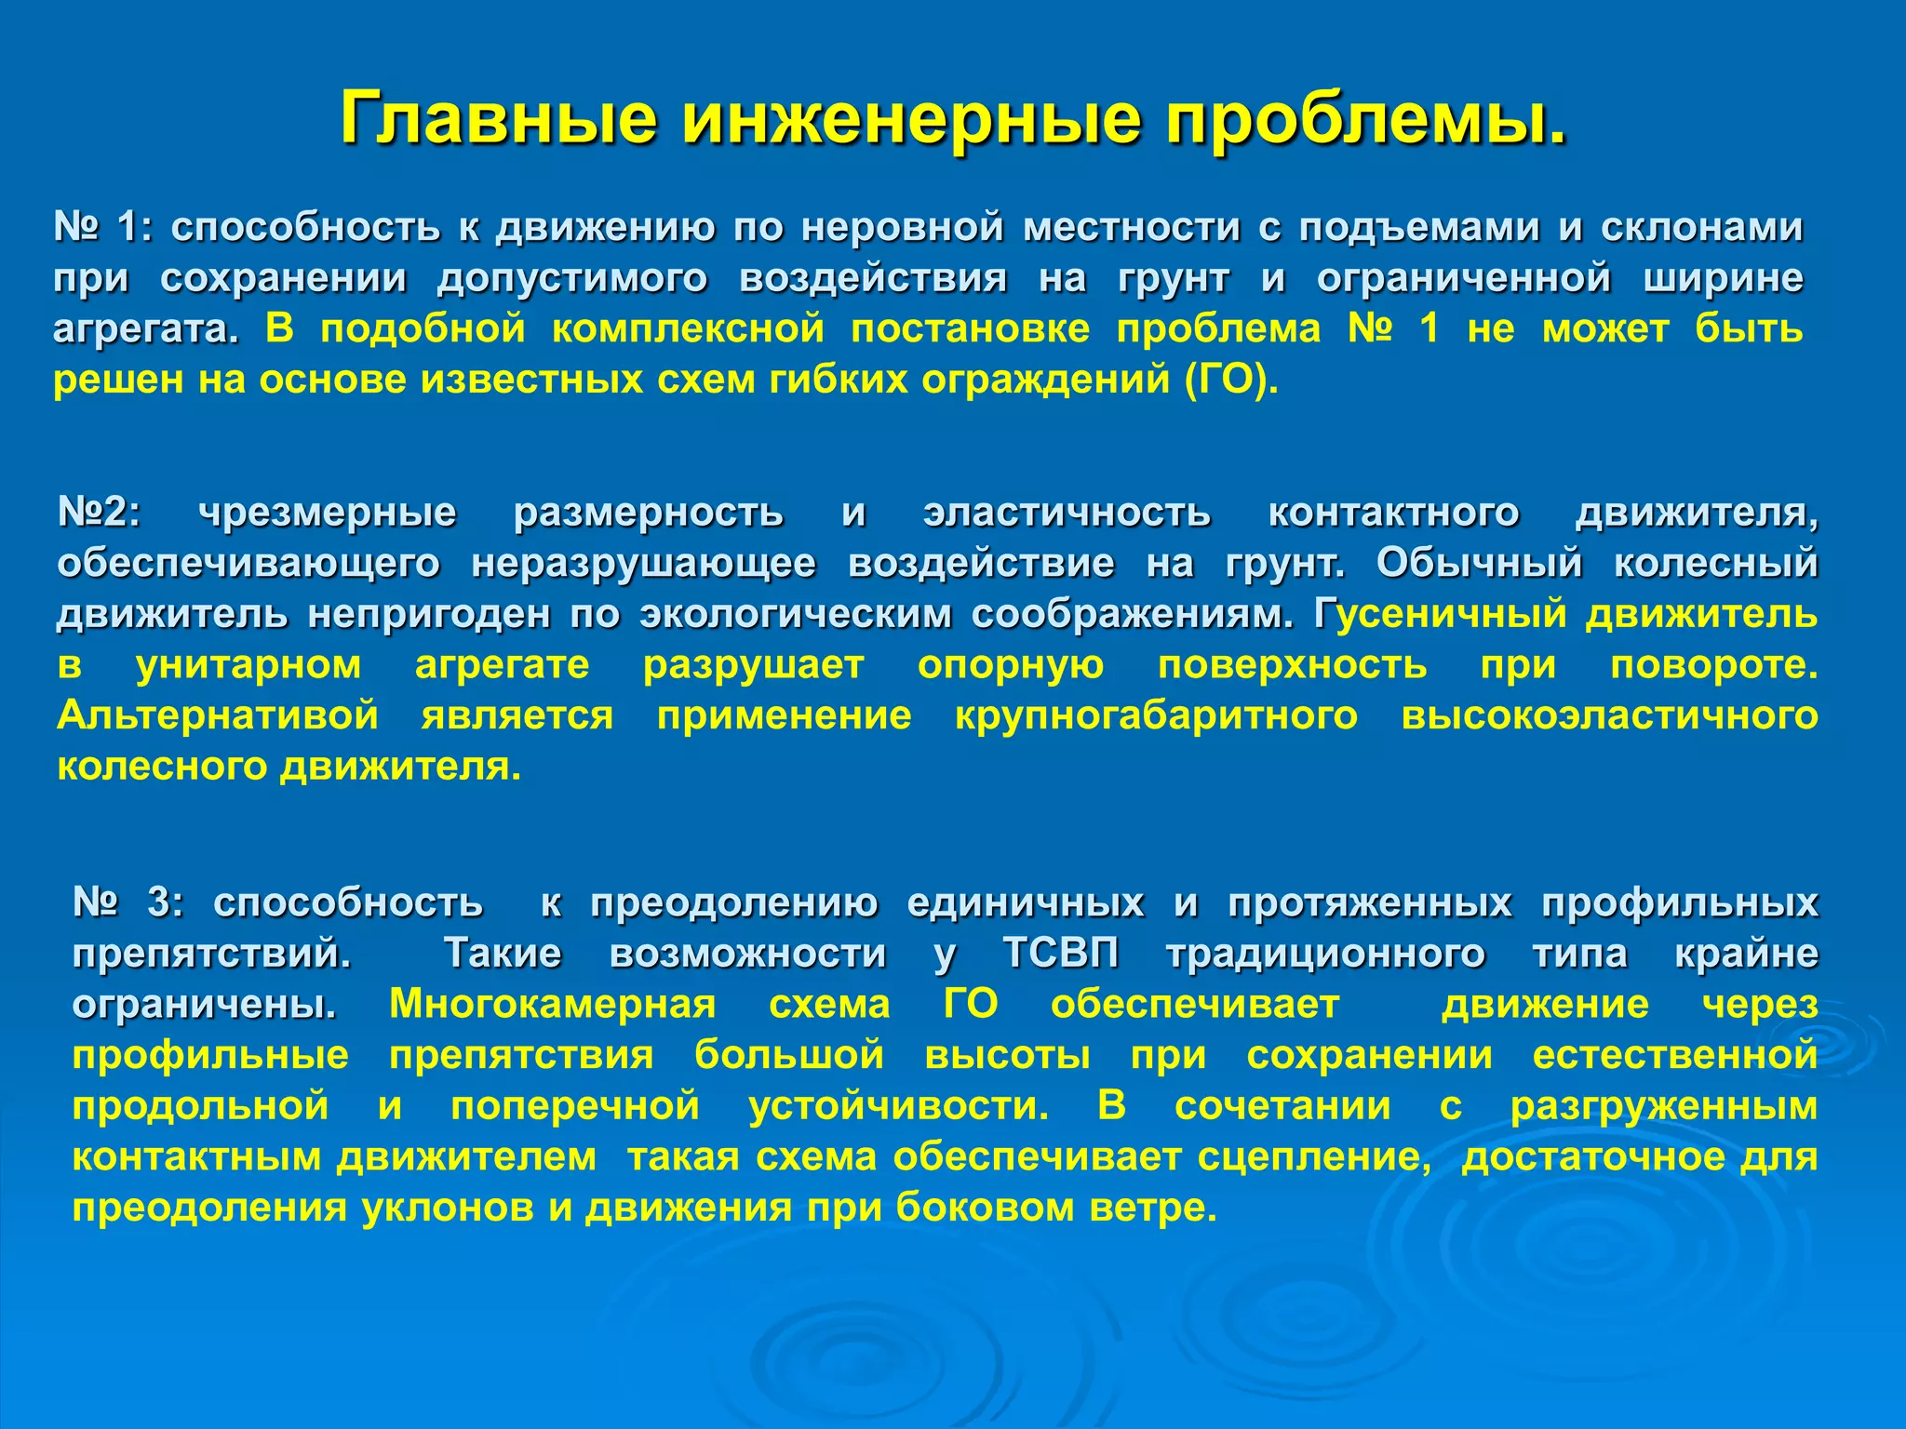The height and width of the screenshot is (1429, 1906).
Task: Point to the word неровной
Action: (x=902, y=227)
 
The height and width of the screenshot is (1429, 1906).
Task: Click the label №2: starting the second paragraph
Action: (x=99, y=512)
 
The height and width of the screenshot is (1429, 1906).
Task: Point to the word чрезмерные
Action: (x=327, y=512)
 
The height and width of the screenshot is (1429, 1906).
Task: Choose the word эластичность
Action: (x=1067, y=512)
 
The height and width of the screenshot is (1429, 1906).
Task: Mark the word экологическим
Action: (x=795, y=614)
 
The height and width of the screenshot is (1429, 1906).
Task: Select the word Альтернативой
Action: (x=217, y=715)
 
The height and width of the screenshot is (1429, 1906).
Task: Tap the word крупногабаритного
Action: (x=1156, y=715)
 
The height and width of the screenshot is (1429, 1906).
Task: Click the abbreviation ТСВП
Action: (x=1061, y=953)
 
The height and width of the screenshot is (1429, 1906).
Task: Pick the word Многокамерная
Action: (x=552, y=1004)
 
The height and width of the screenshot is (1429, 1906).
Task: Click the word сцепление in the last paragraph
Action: (x=1314, y=1156)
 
